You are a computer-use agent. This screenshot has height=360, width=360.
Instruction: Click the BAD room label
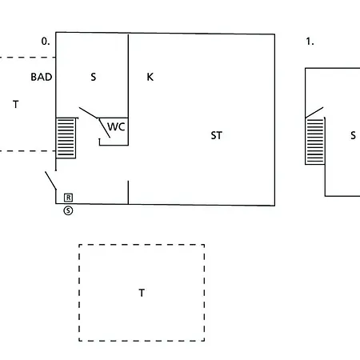click(x=42, y=77)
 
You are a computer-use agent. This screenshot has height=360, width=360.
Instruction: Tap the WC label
click(x=116, y=126)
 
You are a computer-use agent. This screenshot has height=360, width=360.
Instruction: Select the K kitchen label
click(x=150, y=77)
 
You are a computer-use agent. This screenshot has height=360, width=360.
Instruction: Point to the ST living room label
click(x=216, y=135)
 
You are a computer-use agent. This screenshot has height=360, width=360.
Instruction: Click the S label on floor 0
click(x=93, y=77)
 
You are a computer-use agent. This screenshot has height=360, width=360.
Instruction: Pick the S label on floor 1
click(x=353, y=135)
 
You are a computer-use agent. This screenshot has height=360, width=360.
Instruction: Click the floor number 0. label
click(x=46, y=42)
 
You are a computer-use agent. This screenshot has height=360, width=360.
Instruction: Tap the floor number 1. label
click(x=310, y=42)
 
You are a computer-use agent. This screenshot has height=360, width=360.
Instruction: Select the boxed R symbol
click(x=68, y=198)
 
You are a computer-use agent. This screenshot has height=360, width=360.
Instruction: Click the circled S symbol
click(x=68, y=210)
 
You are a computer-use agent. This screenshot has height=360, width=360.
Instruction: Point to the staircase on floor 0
click(x=66, y=138)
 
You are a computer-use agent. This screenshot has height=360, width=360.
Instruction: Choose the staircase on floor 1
click(x=315, y=141)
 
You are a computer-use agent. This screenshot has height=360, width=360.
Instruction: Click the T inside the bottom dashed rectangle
click(x=142, y=293)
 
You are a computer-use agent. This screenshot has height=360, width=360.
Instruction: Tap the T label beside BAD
click(x=16, y=104)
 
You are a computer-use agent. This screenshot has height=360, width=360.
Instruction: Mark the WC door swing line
click(x=104, y=128)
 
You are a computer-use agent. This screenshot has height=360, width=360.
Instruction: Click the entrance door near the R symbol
click(x=50, y=181)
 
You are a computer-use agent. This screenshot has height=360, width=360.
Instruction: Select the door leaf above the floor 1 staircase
click(x=314, y=112)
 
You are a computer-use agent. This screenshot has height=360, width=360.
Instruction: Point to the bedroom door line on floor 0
click(x=89, y=113)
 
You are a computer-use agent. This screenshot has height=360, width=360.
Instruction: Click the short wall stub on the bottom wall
click(x=128, y=192)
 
